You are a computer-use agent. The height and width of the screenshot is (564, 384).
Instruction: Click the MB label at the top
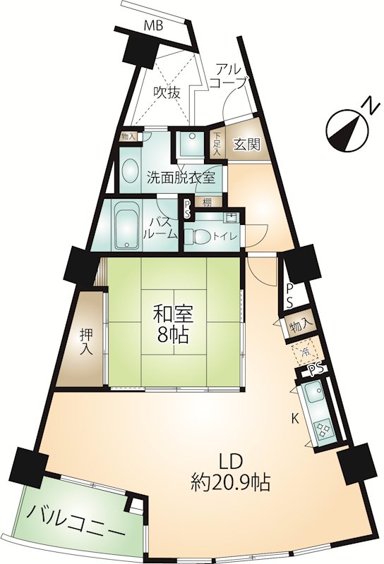[x=153, y=26]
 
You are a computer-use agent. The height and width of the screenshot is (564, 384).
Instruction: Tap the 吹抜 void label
[x=167, y=93]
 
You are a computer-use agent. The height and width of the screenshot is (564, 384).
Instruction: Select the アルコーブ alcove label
[x=228, y=75]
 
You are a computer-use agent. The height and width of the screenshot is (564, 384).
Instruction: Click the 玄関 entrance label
[x=247, y=145]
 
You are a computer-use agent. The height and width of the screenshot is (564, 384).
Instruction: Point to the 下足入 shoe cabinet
[x=217, y=144]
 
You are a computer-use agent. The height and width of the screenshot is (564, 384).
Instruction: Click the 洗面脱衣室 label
[x=181, y=178]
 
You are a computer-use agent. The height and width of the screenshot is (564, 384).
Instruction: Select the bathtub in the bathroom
[x=126, y=225]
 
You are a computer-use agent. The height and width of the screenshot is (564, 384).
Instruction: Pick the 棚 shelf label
[x=206, y=202]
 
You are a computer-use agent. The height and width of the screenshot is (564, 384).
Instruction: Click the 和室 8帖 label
[x=173, y=324]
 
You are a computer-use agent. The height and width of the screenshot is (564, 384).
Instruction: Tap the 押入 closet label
[x=86, y=341]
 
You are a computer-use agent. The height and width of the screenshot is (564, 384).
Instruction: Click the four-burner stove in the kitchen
[x=323, y=430]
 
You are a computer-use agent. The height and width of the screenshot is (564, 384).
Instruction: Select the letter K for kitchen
[x=295, y=417]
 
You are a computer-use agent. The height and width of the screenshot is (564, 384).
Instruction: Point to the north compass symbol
[x=349, y=130]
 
